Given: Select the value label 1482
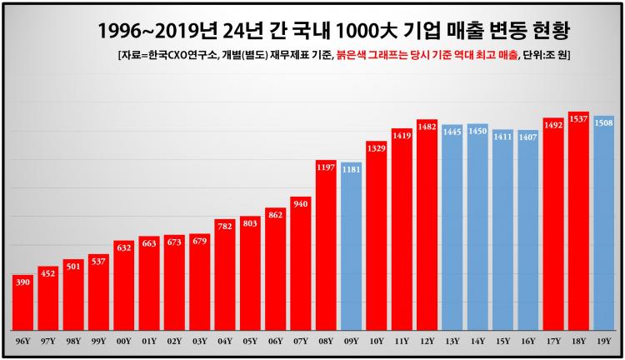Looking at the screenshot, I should point(427,127).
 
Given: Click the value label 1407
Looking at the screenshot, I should point(528,137).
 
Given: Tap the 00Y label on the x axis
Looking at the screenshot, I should point(124,341).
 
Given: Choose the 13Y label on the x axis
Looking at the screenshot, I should point(452,341).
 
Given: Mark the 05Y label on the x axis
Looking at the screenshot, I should point(250,341).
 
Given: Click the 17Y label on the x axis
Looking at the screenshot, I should point(553,341).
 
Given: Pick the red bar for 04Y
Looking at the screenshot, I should point(225,274).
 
